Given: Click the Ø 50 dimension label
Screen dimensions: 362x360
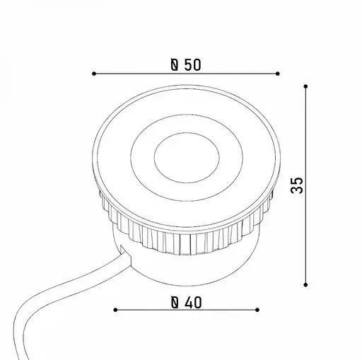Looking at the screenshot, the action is coord(186,65).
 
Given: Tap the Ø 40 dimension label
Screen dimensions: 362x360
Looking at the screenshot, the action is coord(186,303).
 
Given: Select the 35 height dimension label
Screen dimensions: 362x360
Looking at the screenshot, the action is coord(297,185).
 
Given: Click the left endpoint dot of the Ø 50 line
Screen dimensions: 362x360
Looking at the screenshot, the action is coord(94,74).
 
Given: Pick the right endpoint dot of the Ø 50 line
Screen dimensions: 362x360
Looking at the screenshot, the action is coord(278,74).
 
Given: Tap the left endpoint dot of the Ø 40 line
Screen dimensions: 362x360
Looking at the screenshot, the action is coord(115,310).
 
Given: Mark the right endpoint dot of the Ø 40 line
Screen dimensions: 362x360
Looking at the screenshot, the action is coord(257,310).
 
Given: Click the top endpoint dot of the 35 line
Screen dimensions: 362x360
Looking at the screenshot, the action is coord(305,86).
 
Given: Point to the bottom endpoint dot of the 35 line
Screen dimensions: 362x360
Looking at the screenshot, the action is coord(305,285).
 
